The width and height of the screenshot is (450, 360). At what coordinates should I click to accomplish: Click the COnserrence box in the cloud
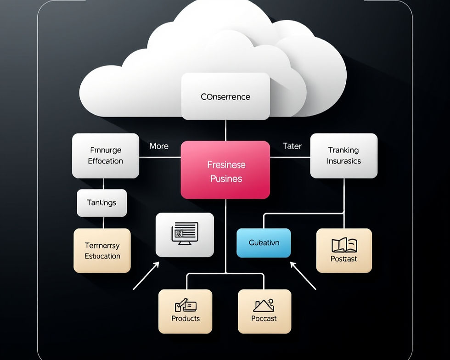225,96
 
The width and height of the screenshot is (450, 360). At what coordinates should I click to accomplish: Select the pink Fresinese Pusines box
225,170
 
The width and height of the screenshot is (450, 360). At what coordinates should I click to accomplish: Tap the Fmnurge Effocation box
106,156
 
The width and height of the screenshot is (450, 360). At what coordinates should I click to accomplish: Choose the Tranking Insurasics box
343,156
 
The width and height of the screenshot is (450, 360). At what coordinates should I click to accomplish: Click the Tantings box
101,202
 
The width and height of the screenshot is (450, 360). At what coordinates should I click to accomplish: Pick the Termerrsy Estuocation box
102,251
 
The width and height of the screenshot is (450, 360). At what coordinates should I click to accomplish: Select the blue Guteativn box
264,243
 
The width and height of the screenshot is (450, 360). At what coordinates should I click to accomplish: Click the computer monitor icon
185,233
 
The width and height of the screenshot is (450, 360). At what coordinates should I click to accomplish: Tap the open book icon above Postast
344,245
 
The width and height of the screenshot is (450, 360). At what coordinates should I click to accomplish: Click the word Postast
344,259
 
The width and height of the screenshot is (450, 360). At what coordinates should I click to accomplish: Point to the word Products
186,318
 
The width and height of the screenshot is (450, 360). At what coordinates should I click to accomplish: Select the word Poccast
264,318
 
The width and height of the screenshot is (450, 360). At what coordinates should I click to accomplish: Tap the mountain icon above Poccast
264,305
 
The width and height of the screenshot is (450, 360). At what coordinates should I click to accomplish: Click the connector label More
159,146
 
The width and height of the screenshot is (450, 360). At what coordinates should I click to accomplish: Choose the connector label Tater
292,146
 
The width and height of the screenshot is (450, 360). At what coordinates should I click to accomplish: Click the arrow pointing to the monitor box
146,276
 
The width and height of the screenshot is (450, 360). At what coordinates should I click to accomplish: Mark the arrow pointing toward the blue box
303,276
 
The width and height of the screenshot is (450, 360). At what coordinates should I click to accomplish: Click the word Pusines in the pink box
226,179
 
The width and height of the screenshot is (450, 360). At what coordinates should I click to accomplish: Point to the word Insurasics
343,161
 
